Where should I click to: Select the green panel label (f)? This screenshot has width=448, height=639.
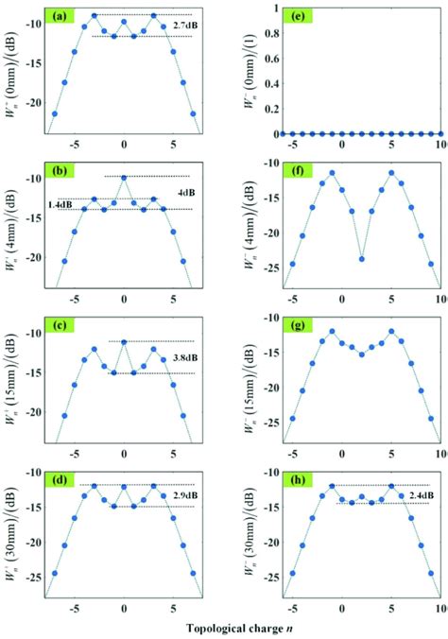tap(294, 173)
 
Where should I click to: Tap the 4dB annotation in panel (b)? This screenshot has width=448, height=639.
tap(184, 194)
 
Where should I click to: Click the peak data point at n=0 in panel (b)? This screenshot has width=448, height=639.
tap(124, 177)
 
